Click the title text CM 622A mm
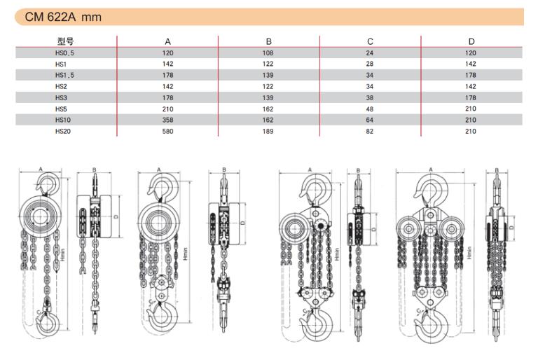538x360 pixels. [x=63, y=17]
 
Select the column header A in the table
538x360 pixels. [x=167, y=41]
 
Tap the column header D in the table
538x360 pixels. [x=471, y=41]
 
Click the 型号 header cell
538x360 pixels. [x=66, y=41]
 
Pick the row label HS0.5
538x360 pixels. [x=64, y=53]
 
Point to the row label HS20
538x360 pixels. [x=63, y=131]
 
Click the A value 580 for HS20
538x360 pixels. [x=167, y=131]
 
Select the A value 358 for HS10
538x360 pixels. [x=167, y=120]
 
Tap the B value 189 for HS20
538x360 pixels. [x=268, y=131]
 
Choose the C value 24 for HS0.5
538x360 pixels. [x=370, y=53]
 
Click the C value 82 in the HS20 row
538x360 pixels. [x=370, y=131]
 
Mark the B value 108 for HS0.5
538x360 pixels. [x=268, y=53]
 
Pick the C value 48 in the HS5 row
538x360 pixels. [x=370, y=109]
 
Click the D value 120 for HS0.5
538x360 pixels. [x=471, y=53]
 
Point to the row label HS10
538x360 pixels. [x=63, y=120]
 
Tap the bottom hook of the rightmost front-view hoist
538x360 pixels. [x=432, y=326]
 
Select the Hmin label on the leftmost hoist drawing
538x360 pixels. [x=62, y=255]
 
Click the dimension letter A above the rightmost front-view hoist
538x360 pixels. [x=431, y=169]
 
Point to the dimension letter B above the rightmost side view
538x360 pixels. [x=497, y=170]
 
